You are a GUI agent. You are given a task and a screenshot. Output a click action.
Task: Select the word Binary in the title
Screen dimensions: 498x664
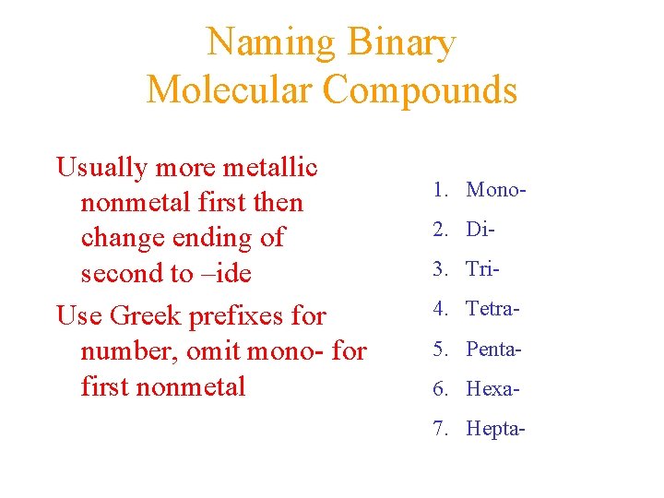pyautogui.click(x=402, y=42)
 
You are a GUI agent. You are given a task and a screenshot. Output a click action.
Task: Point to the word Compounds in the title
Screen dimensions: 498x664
pyautogui.click(x=421, y=89)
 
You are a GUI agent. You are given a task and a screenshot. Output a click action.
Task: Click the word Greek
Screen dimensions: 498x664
pyautogui.click(x=148, y=315)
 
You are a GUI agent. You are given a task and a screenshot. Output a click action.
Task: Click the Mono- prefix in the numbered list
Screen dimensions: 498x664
pyautogui.click(x=497, y=190)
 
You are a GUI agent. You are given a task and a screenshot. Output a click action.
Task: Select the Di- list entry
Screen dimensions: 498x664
pyautogui.click(x=480, y=229)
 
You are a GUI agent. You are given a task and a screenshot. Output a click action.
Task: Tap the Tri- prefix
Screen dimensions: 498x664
pyautogui.click(x=483, y=268)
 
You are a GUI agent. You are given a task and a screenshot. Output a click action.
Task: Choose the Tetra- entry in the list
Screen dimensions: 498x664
pyautogui.click(x=493, y=308)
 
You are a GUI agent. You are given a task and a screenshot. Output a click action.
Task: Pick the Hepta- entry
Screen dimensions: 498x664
pyautogui.click(x=496, y=428)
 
